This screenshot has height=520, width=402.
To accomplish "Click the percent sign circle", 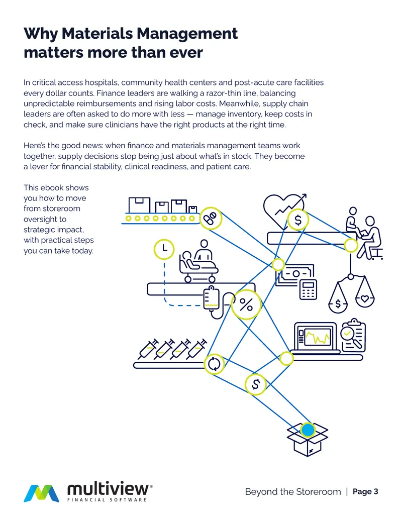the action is pos(246,304).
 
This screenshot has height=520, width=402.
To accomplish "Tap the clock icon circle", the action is pos(164,249).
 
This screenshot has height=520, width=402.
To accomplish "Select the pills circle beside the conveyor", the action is pos(210,218).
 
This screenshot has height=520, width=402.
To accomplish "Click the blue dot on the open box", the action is pos(308,430).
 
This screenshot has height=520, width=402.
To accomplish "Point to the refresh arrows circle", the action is pos(214,364).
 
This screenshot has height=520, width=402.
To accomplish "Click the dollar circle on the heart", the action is pos(298,220).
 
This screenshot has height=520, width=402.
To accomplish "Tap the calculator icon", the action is pos(308,289).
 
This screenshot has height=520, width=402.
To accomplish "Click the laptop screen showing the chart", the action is pos(315,337).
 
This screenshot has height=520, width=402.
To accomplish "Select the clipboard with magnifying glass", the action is pos(354,336).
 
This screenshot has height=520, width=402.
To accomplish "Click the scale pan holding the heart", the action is pos(365,299).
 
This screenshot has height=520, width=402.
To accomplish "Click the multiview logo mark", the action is pos(42,493).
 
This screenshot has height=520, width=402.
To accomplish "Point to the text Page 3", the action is pos(365,491).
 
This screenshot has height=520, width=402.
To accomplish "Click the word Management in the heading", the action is pos(187,34).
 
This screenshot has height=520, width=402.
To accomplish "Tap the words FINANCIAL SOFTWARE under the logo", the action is pos(107,500).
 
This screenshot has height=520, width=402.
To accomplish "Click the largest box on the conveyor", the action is pos(139,205).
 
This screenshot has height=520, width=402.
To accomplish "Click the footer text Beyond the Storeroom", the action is pos(293,491).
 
